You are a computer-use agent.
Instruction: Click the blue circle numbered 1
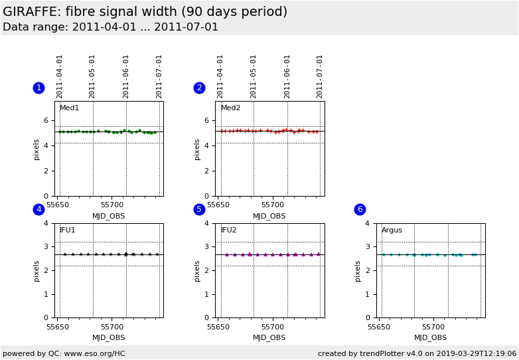point(38,88)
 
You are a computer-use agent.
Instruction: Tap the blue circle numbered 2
point(199,88)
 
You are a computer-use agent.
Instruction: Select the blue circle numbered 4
point(38,209)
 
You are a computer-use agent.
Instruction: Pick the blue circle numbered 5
point(199,209)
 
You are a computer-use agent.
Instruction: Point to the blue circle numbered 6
point(360,209)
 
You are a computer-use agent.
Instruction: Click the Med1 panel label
point(69,108)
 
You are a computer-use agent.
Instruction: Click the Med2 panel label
point(230,108)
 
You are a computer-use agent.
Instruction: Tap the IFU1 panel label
point(68,230)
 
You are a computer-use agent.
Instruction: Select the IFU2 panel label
point(228,230)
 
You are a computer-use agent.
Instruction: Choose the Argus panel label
point(392,230)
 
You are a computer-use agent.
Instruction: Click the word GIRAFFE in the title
point(31,12)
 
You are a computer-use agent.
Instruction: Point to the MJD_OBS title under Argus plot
point(430,338)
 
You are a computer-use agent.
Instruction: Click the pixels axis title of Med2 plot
point(197,149)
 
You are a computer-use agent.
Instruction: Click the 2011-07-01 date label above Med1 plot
point(159,76)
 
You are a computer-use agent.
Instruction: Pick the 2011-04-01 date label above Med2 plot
point(220,76)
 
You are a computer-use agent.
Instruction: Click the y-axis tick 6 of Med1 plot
point(46,120)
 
